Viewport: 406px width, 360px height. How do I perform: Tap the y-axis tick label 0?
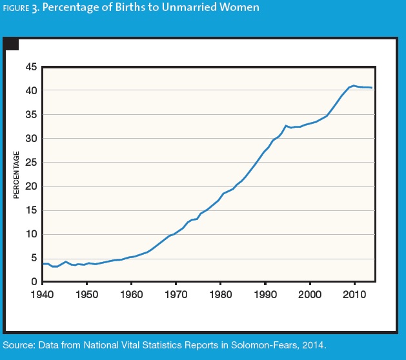click(x=34, y=282)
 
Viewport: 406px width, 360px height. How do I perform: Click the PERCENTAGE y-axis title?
click(x=17, y=175)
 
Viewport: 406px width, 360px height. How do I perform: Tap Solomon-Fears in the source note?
click(x=266, y=346)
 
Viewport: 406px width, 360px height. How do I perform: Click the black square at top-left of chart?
click(x=12, y=45)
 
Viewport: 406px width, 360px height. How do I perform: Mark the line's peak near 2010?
click(x=353, y=86)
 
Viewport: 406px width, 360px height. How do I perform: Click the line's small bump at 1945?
click(x=65, y=262)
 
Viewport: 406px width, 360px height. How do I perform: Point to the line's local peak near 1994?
click(x=285, y=126)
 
